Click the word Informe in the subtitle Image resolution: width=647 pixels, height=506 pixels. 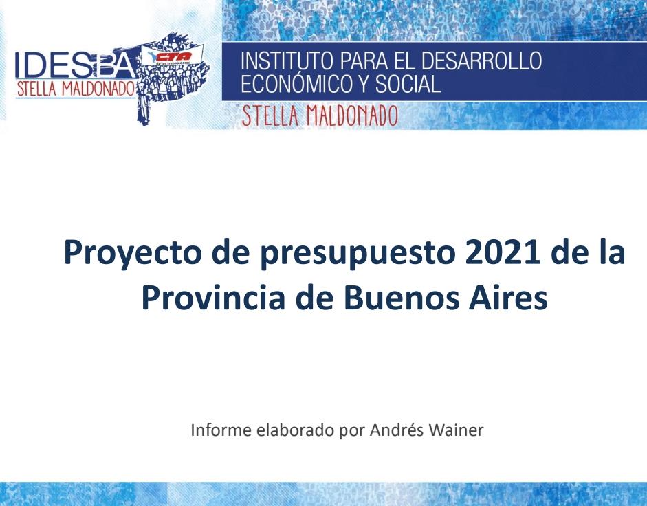point(221,430)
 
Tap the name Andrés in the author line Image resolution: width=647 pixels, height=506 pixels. point(397,430)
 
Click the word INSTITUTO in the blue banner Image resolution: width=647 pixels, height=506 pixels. point(287,60)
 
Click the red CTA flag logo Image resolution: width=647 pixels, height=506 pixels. point(172,56)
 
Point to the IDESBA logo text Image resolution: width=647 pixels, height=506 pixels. point(75,65)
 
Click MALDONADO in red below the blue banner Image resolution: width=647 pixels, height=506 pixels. point(352,116)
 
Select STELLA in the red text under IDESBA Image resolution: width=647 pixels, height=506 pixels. point(36,89)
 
